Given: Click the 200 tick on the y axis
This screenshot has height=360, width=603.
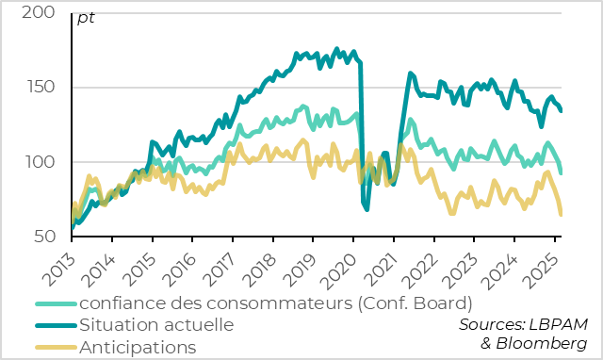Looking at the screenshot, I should [40, 14].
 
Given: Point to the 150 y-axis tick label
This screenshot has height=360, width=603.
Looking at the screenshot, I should [40, 88].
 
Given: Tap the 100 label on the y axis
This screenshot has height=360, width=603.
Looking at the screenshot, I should [40, 162].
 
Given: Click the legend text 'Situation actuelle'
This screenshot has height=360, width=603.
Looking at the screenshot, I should [156, 325].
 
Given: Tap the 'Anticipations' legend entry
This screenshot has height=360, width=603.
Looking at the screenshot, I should [138, 347].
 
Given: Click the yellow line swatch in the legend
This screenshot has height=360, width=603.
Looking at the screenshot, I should [56, 347].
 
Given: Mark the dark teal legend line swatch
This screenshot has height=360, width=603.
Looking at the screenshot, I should [56, 325].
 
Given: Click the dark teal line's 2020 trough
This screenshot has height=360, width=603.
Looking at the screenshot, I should [367, 208].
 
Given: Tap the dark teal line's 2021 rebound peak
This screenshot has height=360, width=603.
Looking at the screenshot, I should [410, 73].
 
